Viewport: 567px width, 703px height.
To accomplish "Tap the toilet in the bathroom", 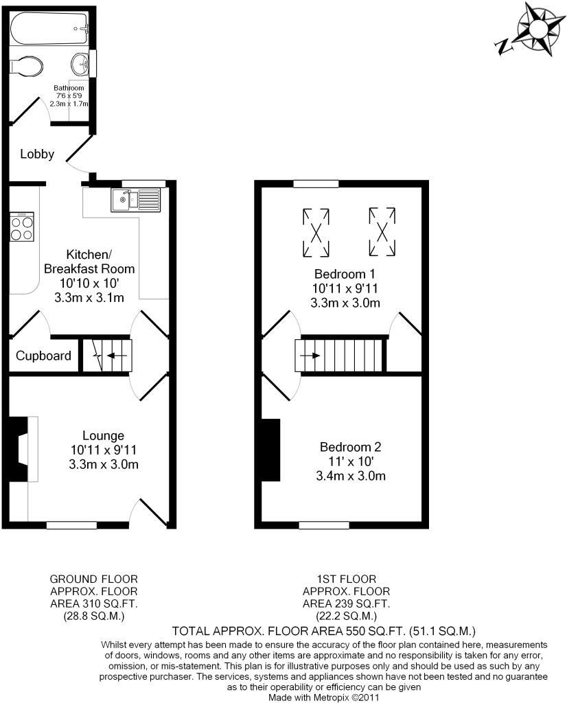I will pyautogui.click(x=26, y=66).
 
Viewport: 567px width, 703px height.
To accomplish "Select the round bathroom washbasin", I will pyautogui.click(x=80, y=65).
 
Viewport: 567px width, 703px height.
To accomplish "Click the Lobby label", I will pyautogui.click(x=37, y=154).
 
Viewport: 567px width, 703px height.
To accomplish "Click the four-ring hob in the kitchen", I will pyautogui.click(x=22, y=228).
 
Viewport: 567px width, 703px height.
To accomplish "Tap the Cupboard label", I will pyautogui.click(x=43, y=356).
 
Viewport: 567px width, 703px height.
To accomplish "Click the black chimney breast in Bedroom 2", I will pyautogui.click(x=272, y=450).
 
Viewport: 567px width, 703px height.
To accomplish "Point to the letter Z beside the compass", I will pyautogui.click(x=502, y=46).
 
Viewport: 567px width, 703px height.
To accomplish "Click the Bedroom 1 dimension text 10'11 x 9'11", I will pyautogui.click(x=345, y=288).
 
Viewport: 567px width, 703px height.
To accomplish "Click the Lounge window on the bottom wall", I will pyautogui.click(x=71, y=525).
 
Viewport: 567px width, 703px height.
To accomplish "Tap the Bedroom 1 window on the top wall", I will pyautogui.click(x=316, y=183).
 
